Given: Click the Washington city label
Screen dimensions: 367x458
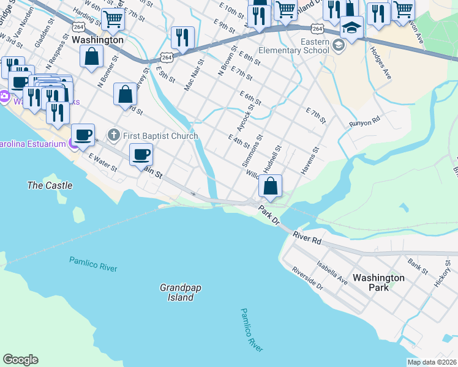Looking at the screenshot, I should tap(97, 40).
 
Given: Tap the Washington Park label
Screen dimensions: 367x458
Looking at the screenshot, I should tap(378, 282).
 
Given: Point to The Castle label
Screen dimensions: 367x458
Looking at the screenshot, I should tap(50, 185).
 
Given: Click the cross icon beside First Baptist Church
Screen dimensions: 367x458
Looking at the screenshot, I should tap(113, 135).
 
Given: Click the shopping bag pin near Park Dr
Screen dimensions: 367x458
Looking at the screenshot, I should tap(270, 185).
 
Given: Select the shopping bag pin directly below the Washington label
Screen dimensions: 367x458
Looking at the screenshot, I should tap(91, 56).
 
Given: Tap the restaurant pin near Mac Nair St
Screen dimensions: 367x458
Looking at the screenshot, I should tap(182, 38).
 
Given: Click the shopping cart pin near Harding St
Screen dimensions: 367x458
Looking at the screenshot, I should tap(113, 20).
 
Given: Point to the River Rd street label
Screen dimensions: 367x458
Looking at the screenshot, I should tap(307, 237).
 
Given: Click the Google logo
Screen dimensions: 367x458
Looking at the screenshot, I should tap(20, 360).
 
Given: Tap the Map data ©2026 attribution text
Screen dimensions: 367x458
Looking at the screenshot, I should tap(432, 362).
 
